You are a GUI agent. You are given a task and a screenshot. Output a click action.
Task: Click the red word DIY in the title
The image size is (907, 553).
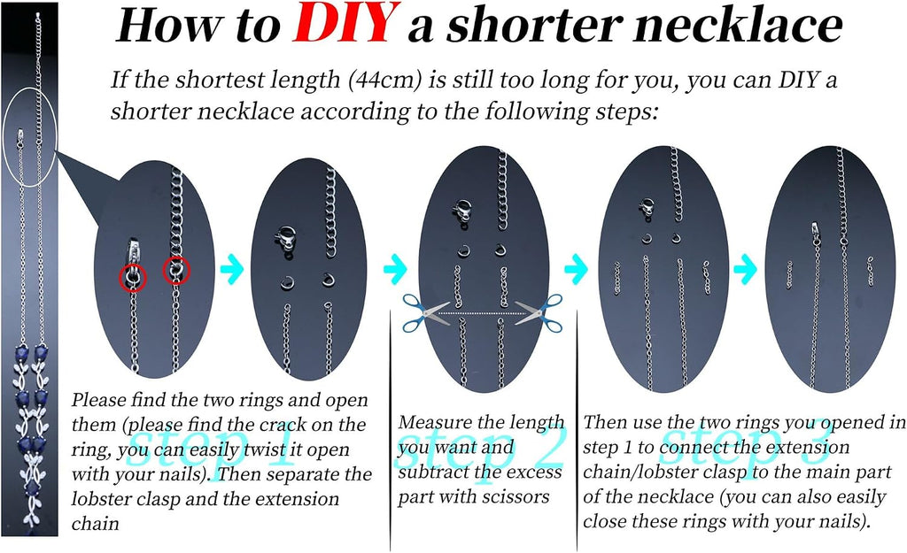346,24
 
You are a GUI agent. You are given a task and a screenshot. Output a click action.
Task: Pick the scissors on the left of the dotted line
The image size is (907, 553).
426,312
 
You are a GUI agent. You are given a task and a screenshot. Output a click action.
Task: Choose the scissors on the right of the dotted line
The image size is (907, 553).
539,312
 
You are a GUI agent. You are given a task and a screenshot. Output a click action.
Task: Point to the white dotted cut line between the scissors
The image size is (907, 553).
482,313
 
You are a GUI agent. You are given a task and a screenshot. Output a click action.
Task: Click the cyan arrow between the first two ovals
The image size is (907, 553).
232,269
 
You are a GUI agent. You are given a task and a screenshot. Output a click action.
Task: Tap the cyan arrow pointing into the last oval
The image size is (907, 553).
745,269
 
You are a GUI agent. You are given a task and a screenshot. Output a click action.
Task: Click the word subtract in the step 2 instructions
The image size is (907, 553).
429,472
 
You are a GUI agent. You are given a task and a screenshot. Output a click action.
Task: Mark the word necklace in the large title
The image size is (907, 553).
737,26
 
